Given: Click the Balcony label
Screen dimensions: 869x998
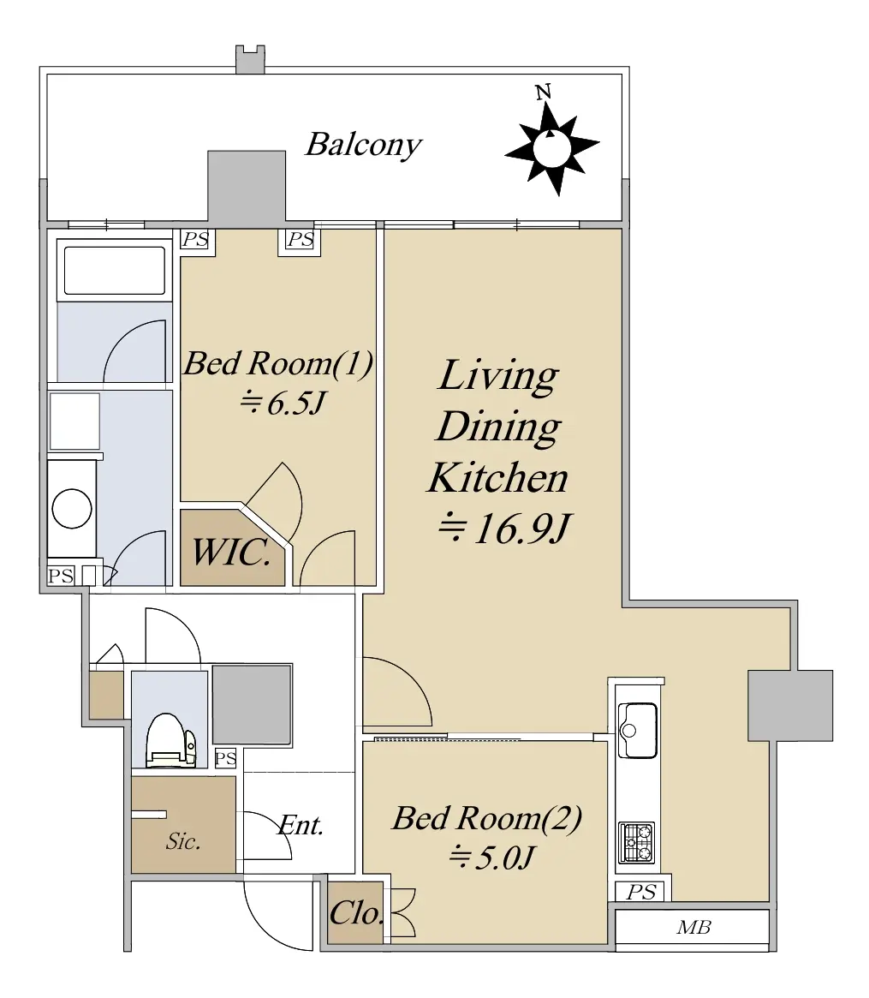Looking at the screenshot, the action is click(x=363, y=145).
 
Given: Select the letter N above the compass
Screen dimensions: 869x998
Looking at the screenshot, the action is click(x=543, y=93).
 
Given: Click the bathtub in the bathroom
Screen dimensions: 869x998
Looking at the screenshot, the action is click(x=115, y=271).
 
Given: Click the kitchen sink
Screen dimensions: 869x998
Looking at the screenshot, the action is click(x=637, y=730).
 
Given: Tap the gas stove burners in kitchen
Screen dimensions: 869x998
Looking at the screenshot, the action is click(x=636, y=842).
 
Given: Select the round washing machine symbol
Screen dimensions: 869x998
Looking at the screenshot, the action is click(x=72, y=509).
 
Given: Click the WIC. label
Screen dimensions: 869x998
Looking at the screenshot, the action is click(x=231, y=552).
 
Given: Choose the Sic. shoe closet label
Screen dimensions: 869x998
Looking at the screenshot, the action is click(x=183, y=841).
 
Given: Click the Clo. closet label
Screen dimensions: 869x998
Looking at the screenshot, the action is click(x=356, y=914).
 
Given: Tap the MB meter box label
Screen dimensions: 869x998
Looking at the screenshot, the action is click(x=693, y=928).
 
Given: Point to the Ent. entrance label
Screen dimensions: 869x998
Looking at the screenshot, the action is click(x=301, y=826).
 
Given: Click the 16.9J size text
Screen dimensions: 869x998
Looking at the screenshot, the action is click(x=505, y=529).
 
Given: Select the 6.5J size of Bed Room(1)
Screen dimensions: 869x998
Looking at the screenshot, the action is click(x=283, y=403).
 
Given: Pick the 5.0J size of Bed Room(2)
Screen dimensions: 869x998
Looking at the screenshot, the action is click(x=491, y=858).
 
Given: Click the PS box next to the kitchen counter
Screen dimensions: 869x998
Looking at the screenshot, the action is click(x=640, y=892).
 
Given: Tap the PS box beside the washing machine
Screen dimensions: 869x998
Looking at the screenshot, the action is click(x=61, y=576).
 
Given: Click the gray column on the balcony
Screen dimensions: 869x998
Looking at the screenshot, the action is click(x=247, y=186).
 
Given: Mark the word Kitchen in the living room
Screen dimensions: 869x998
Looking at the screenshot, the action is click(x=498, y=477).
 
